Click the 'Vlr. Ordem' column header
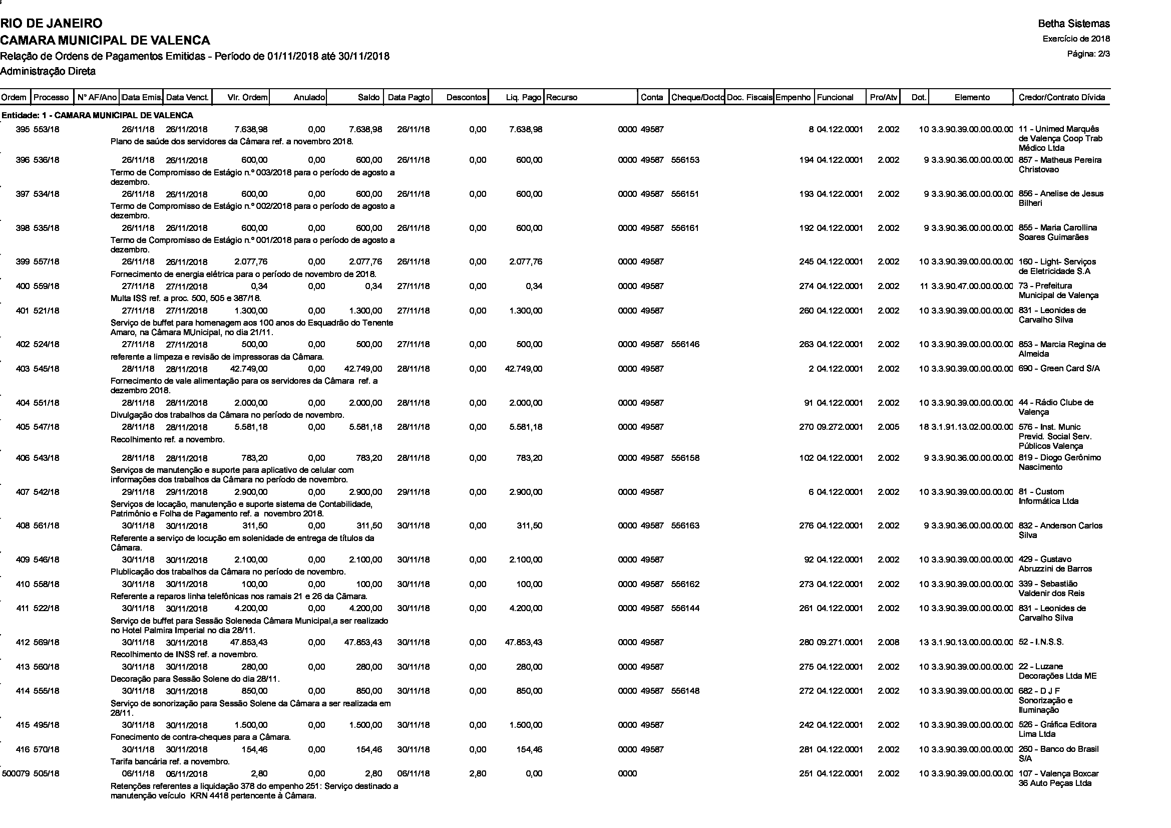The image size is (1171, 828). click(x=247, y=98)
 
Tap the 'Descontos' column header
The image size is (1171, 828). click(x=466, y=98)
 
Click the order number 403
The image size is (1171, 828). click(x=23, y=369)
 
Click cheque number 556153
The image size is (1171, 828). click(x=685, y=160)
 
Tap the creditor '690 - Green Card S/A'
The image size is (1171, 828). click(x=1059, y=369)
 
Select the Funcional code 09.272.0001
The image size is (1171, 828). click(x=840, y=427)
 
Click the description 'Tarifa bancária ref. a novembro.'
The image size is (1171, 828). click(x=170, y=762)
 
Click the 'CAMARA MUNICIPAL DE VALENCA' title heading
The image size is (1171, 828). click(x=105, y=40)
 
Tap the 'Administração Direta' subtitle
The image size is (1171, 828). click(x=48, y=72)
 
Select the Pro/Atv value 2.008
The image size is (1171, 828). click(x=889, y=642)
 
